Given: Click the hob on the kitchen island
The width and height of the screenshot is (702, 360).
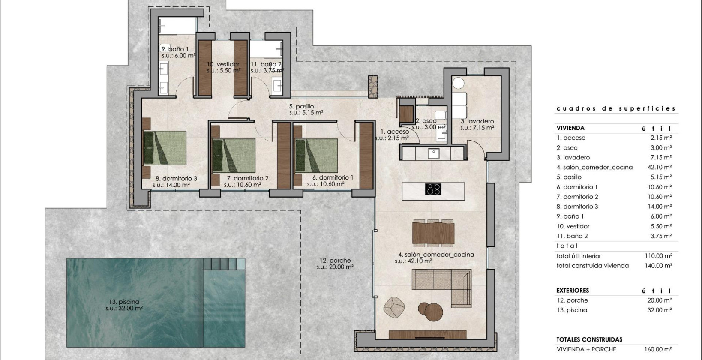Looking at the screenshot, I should pos(433,189).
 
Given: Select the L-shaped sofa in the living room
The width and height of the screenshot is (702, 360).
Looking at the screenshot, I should pos(441,284).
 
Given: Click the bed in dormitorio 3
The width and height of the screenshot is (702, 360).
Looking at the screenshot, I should pos(165,148).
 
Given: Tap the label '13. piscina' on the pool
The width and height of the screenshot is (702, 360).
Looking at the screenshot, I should pos(124,302).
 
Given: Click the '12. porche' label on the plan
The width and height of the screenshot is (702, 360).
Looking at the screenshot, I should pos(335,260).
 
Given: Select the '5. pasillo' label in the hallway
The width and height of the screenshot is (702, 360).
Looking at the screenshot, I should pos(301,106).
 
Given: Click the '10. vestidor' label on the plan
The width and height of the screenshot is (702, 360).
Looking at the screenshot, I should pos(223,64).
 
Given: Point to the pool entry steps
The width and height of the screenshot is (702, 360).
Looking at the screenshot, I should pos(224,263).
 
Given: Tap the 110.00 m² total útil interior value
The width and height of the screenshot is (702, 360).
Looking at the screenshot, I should pos(658,256).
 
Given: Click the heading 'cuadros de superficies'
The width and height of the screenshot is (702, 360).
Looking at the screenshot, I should pos(616,108).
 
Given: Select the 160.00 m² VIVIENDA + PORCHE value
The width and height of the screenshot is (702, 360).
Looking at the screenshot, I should pos(658,349).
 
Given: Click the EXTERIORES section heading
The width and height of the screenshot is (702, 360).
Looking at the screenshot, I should pos(572,290).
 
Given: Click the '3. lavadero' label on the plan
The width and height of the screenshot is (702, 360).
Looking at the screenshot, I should pos(477,121).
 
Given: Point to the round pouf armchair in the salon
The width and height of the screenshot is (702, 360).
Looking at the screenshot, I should pos(394,307).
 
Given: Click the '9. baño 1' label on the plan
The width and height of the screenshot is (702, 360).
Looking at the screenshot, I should pos(175,49).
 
